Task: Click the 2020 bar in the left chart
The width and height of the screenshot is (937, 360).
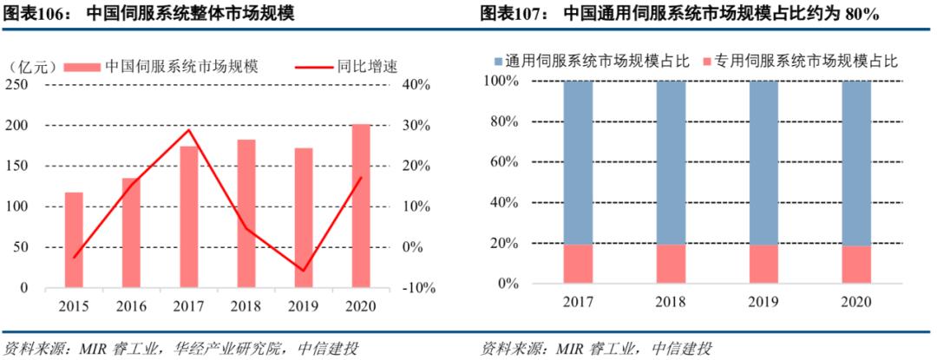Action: click(361, 206)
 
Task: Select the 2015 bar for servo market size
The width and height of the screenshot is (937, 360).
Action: click(74, 239)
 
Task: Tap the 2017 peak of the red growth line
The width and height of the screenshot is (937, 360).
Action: click(189, 130)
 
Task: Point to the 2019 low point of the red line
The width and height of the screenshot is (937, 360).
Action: click(304, 271)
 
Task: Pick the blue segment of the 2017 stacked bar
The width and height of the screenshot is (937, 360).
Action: click(578, 162)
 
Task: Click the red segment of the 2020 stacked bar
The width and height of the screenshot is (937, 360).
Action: click(856, 264)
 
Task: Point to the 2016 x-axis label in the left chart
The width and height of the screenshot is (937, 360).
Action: click(131, 306)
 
